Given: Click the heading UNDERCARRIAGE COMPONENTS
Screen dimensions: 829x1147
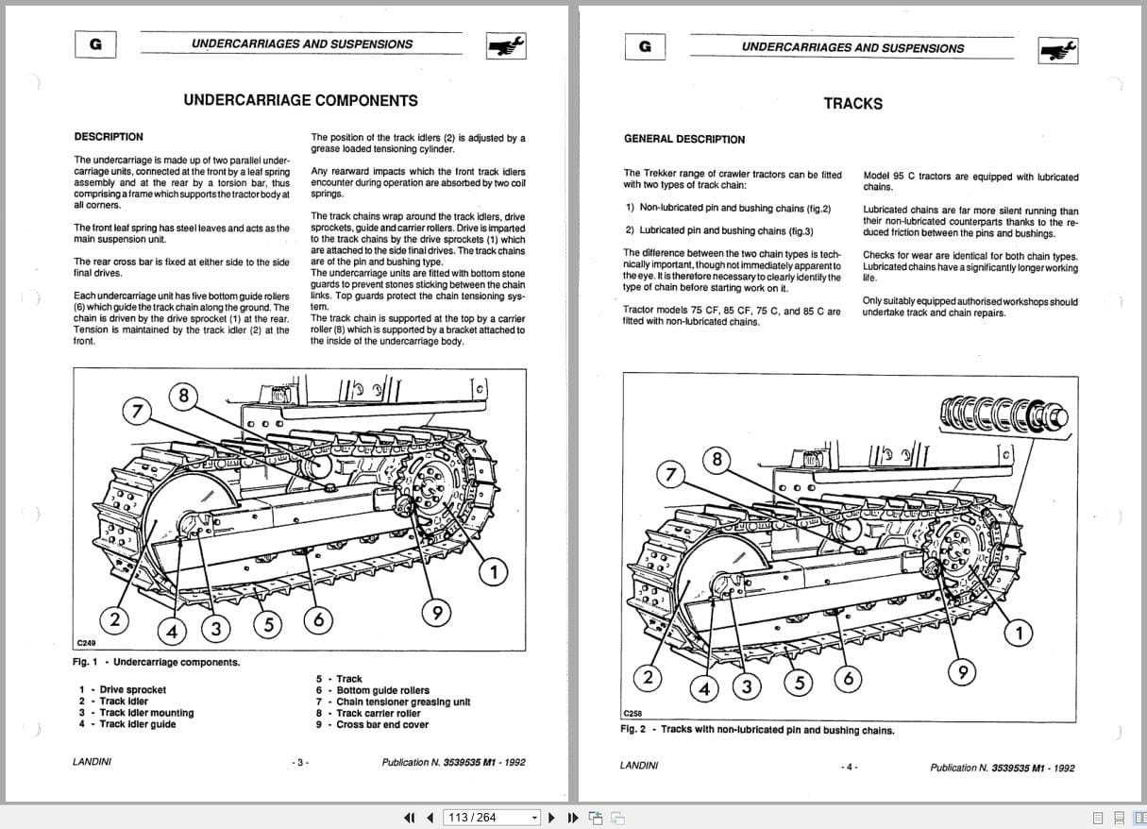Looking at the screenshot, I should click(300, 100).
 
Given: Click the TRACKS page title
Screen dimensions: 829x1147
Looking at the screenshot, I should click(852, 103).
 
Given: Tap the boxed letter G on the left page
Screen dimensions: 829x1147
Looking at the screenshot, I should click(95, 44).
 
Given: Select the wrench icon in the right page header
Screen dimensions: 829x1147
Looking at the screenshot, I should click(1057, 50).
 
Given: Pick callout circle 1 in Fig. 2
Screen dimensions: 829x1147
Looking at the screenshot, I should click(1019, 632).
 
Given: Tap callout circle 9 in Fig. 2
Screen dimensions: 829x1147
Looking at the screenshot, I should click(962, 672).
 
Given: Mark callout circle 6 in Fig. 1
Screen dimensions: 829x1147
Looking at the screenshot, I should click(318, 619).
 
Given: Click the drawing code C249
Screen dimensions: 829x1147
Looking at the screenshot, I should click(86, 643).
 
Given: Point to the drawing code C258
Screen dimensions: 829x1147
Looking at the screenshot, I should click(634, 714).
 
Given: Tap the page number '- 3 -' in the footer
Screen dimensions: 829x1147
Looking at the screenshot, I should click(299, 763).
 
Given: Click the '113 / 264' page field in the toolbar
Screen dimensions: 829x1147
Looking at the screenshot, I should click(485, 818).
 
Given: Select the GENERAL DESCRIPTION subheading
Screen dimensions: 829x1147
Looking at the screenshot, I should click(683, 139).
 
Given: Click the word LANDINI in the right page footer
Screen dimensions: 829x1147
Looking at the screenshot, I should click(639, 767).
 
